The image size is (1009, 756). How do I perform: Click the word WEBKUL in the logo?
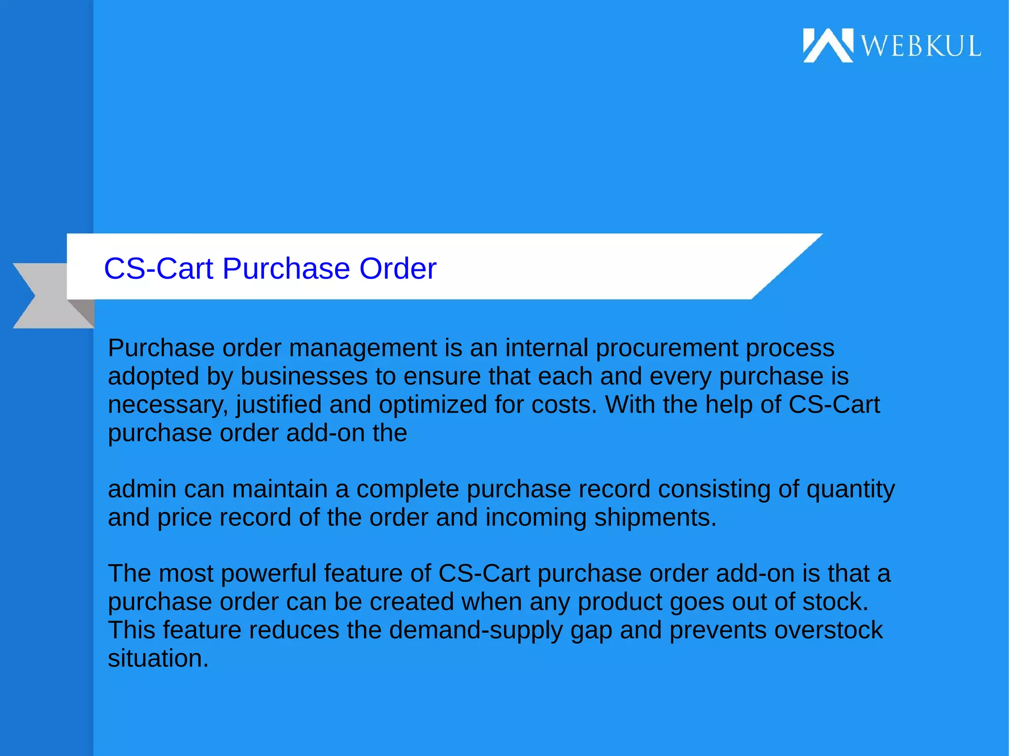(x=920, y=46)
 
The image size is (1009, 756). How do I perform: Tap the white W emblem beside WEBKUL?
(x=828, y=45)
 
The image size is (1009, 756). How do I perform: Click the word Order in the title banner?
(x=398, y=269)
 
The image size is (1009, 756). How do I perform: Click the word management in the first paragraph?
(x=363, y=349)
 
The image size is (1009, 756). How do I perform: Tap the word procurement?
(x=667, y=349)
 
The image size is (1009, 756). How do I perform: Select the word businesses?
(x=304, y=377)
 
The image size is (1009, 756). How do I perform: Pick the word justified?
(x=279, y=405)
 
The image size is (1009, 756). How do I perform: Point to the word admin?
(x=142, y=490)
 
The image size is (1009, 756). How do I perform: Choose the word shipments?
(x=655, y=518)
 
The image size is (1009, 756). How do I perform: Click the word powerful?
(x=269, y=574)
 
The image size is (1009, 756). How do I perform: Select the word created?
(x=411, y=602)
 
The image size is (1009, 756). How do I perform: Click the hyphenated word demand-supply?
(x=475, y=631)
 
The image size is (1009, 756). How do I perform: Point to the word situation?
(x=158, y=659)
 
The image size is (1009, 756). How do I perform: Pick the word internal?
(x=546, y=349)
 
